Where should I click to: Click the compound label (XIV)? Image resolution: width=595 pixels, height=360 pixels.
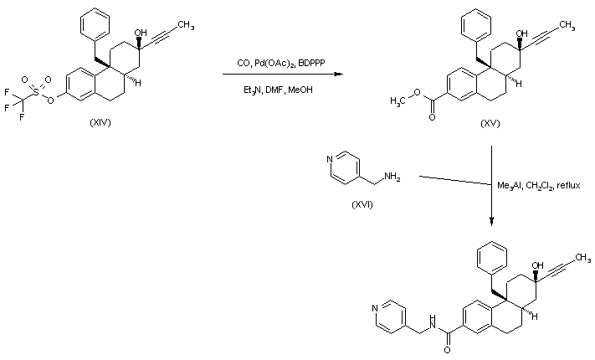click(100, 123)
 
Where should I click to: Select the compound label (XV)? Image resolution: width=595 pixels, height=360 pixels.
click(491, 123)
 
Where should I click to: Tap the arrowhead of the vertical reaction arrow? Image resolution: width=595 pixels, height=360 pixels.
click(491, 222)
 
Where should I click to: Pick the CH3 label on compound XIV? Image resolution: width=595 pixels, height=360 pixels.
click(186, 26)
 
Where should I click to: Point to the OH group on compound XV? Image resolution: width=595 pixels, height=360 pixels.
click(522, 34)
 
